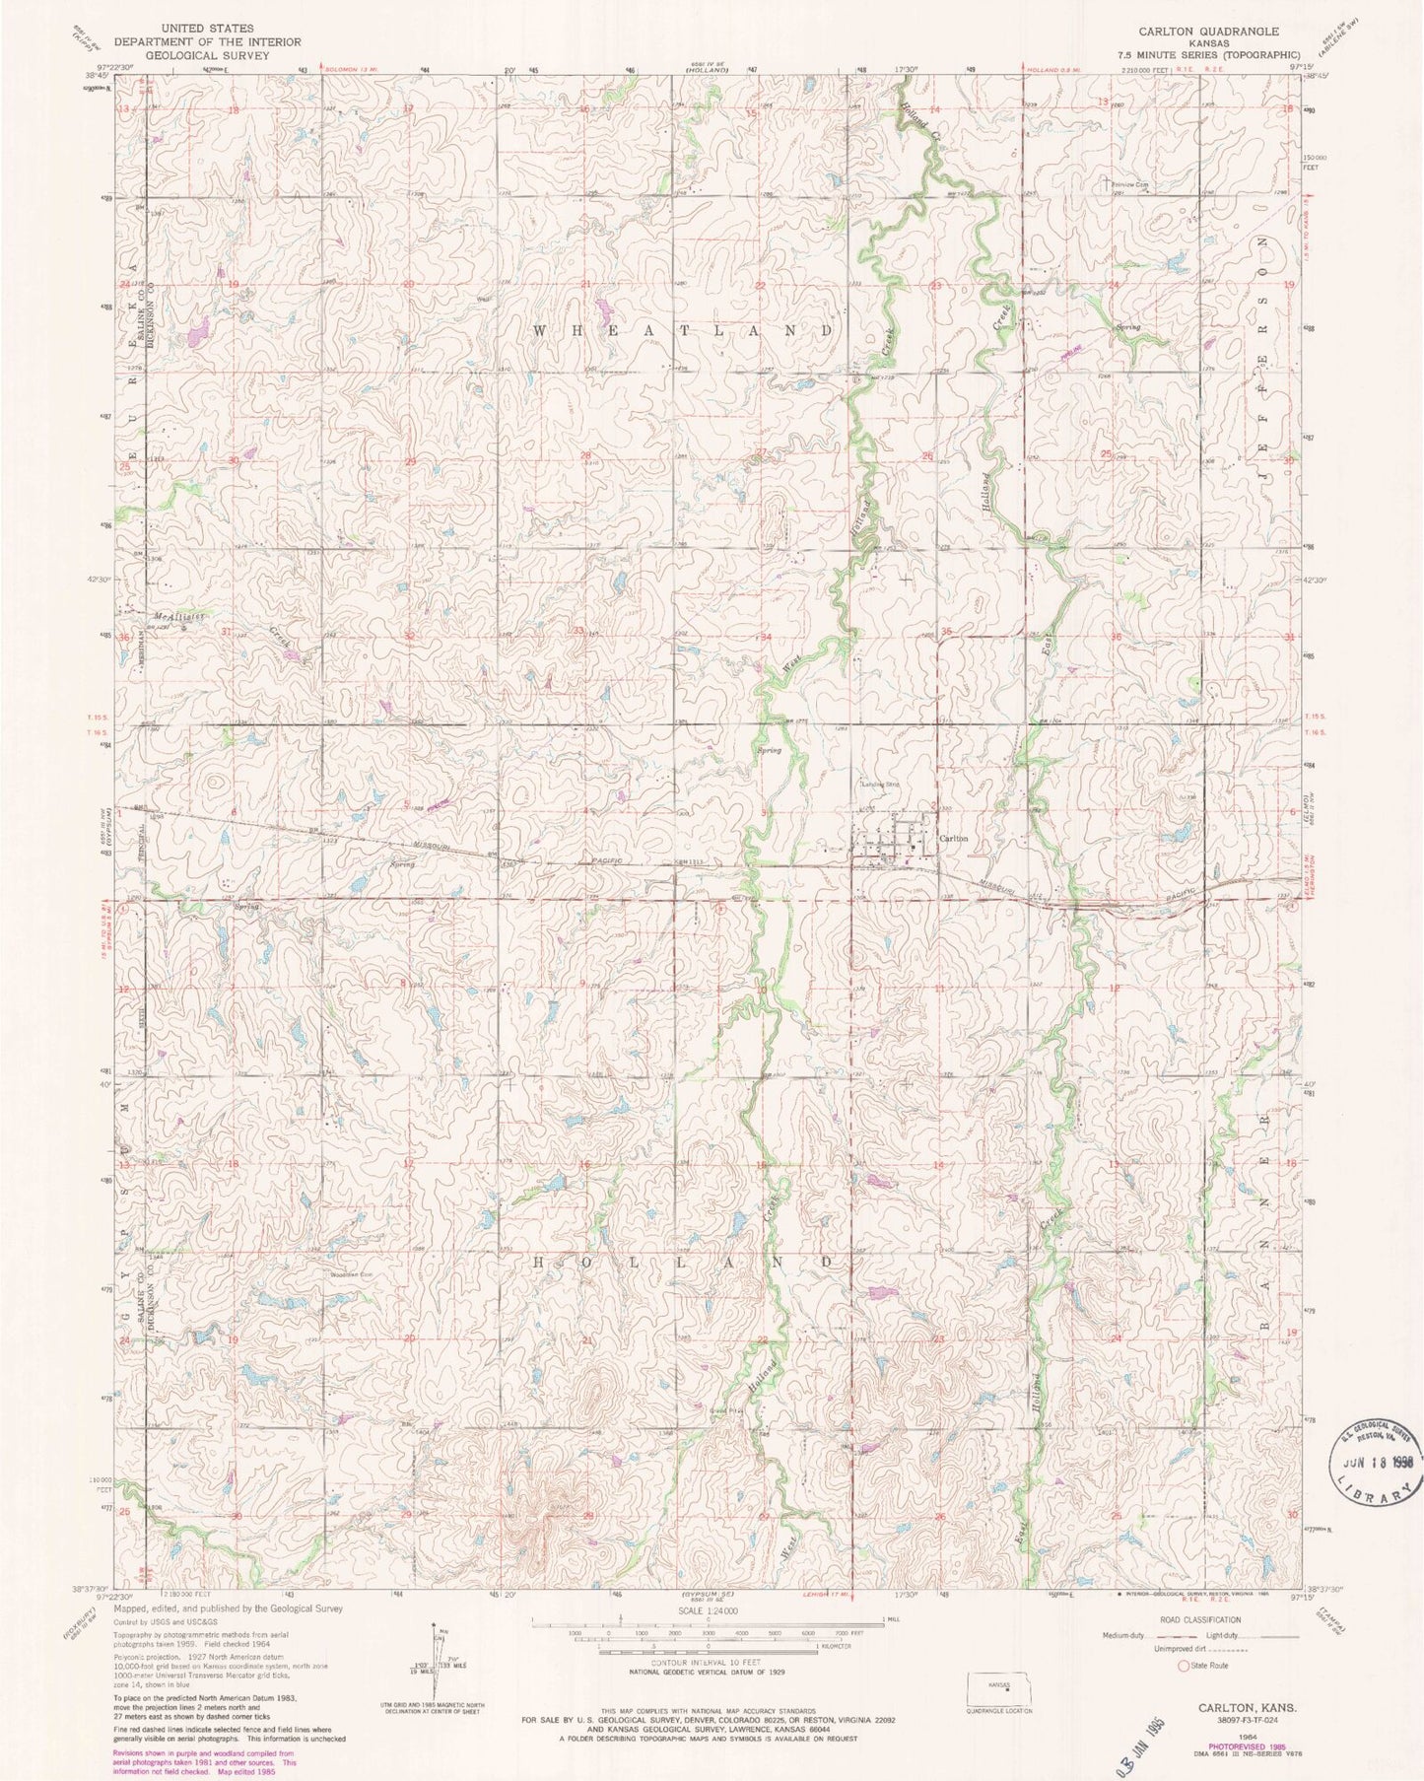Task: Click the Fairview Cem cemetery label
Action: click(x=1130, y=184)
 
